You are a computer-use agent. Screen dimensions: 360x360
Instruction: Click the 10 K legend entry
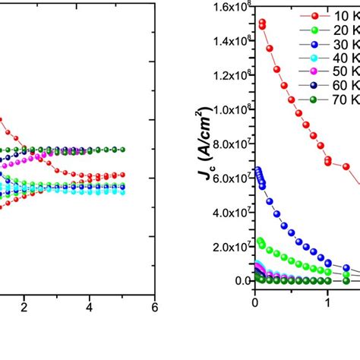tap(332, 15)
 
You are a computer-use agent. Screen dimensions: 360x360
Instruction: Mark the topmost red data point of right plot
tap(262, 23)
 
